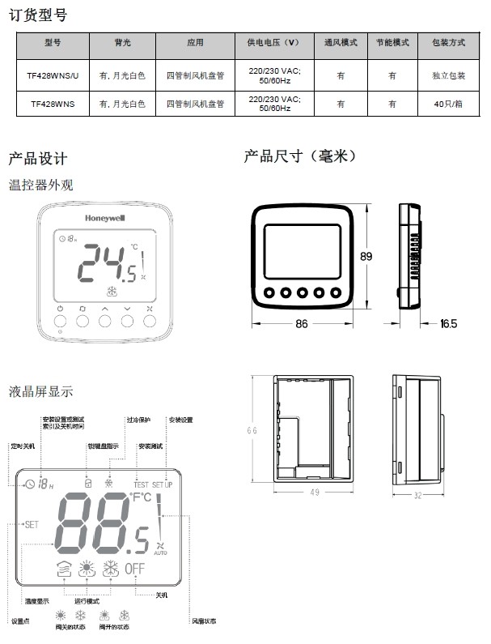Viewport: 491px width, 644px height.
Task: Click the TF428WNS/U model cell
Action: pyautogui.click(x=53, y=75)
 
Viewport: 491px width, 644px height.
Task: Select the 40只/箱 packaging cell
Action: pyautogui.click(x=449, y=104)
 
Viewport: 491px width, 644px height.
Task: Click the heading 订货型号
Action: pyautogui.click(x=37, y=15)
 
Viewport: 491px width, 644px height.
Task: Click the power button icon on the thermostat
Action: pyautogui.click(x=61, y=309)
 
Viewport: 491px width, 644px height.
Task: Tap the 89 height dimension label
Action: pyautogui.click(x=366, y=256)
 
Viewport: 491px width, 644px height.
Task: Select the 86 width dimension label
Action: pyautogui.click(x=302, y=324)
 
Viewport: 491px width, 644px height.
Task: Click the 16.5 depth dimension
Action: pyautogui.click(x=448, y=324)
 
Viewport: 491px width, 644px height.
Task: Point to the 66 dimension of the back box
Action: pyautogui.click(x=252, y=430)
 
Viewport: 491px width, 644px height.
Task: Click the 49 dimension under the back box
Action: pyautogui.click(x=315, y=492)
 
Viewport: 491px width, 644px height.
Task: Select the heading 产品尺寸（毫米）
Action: pyautogui.click(x=300, y=156)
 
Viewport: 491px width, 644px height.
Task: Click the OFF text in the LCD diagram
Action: pyautogui.click(x=134, y=568)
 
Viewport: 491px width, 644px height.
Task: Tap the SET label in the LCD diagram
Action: pyautogui.click(x=31, y=524)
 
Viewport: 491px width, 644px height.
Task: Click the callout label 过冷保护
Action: pyautogui.click(x=138, y=420)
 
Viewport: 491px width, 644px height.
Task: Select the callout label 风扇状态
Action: pyautogui.click(x=204, y=621)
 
